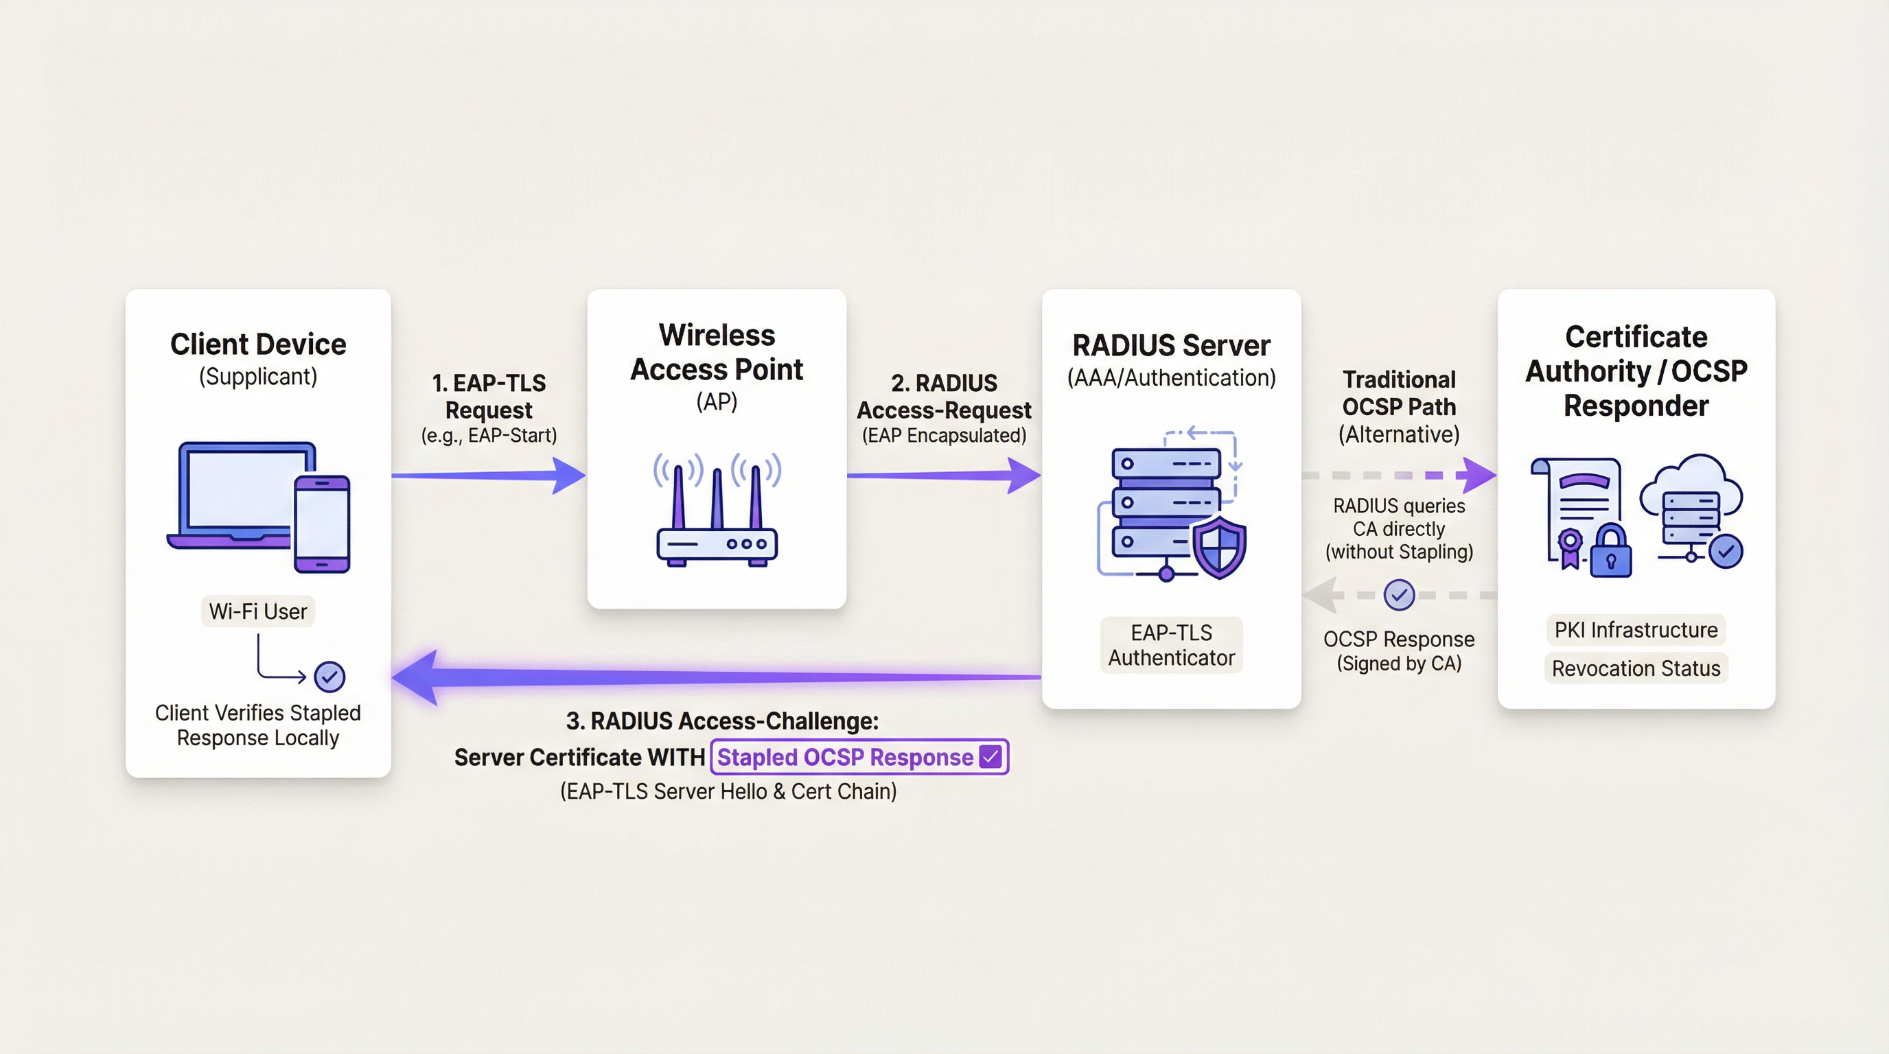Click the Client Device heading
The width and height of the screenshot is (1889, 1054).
pyautogui.click(x=258, y=344)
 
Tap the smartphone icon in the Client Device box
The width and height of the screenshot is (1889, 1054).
pyautogui.click(x=322, y=524)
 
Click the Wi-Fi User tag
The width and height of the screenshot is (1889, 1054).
pyautogui.click(x=258, y=611)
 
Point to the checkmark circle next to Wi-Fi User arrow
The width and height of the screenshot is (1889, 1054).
pyautogui.click(x=329, y=677)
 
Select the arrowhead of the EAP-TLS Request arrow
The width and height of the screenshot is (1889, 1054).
pyautogui.click(x=568, y=476)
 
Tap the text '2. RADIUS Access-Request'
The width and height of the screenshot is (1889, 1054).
pyautogui.click(x=944, y=397)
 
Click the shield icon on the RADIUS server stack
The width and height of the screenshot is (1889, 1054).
pyautogui.click(x=1219, y=547)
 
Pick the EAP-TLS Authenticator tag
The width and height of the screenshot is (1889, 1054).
pyautogui.click(x=1171, y=645)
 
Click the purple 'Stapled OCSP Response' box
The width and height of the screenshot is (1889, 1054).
pyautogui.click(x=859, y=757)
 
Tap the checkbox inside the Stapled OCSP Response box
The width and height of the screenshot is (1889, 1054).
pyautogui.click(x=990, y=756)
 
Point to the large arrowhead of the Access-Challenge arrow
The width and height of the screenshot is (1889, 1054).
pyautogui.click(x=418, y=677)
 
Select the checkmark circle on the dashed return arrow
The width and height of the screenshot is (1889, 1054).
pyautogui.click(x=1398, y=595)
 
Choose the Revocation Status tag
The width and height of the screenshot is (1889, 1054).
pyautogui.click(x=1635, y=668)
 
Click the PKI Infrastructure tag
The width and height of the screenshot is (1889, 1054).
pyautogui.click(x=1635, y=630)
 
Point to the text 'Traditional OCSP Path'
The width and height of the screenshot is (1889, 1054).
pyautogui.click(x=1398, y=393)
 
